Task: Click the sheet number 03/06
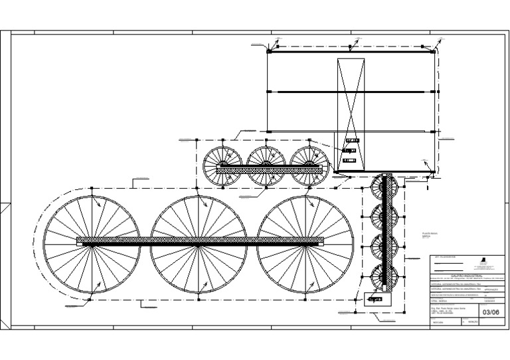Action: click(491, 312)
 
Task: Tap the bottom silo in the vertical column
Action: click(384, 278)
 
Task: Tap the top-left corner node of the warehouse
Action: click(268, 50)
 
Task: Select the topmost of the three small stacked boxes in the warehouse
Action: click(351, 140)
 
